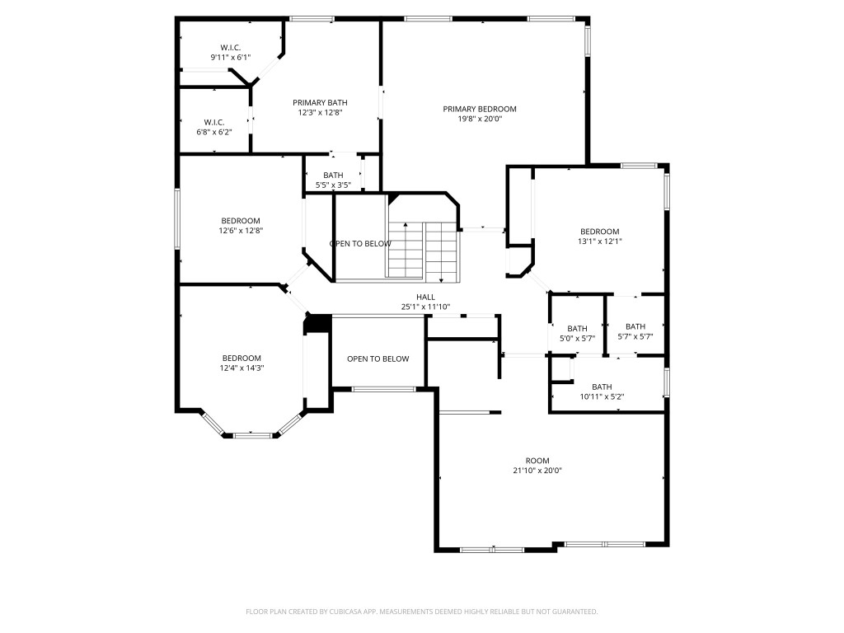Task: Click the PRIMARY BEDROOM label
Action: pos(479,109)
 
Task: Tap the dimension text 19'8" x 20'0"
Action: pos(479,119)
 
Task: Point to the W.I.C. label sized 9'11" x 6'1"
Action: pos(230,47)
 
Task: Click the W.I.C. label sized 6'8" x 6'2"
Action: pos(214,122)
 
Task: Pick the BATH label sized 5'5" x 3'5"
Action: pos(333,175)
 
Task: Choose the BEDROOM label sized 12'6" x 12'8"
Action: pos(240,221)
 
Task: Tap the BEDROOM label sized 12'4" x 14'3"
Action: pos(241,358)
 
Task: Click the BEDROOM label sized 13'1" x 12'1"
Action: pos(599,232)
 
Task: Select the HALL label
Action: pos(424,297)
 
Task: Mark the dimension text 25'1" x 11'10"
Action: pos(424,307)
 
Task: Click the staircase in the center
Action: pos(422,251)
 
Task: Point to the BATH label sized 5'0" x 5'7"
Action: pos(577,328)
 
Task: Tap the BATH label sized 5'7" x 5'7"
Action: pos(635,326)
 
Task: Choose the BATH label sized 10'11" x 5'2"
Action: pos(602,387)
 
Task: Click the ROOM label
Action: pos(537,461)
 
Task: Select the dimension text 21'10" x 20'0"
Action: pos(537,471)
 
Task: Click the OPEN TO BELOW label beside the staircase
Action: pos(360,244)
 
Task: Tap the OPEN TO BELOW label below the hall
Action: pos(377,359)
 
